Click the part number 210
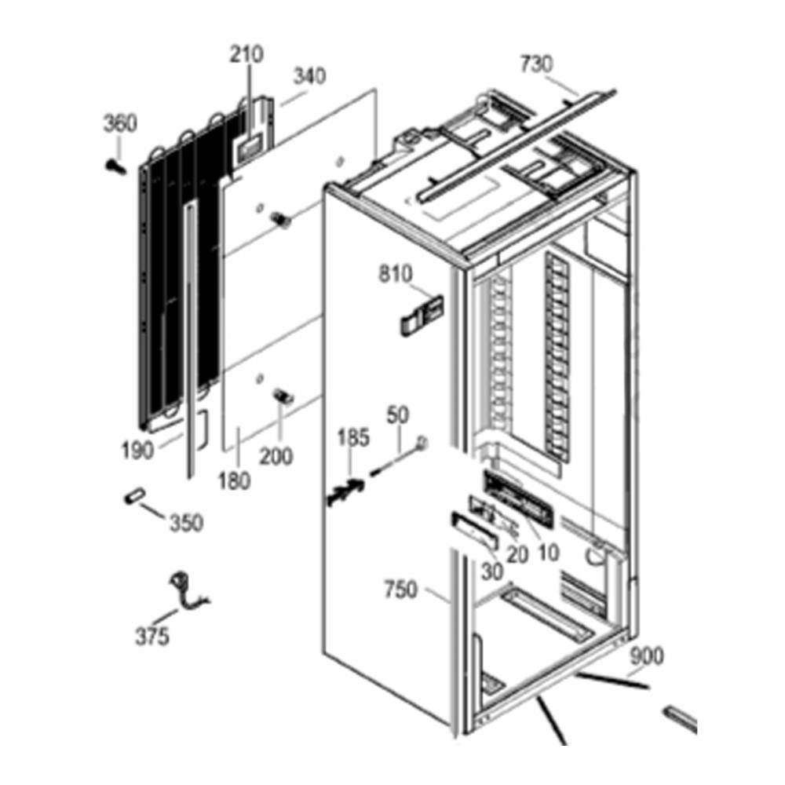(246, 54)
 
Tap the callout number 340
(309, 76)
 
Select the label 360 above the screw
(120, 123)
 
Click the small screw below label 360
(116, 168)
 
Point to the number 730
(537, 64)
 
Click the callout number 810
(396, 274)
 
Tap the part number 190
(137, 451)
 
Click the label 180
(234, 480)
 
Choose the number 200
(276, 456)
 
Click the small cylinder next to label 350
(134, 497)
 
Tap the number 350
(187, 523)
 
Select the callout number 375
(152, 637)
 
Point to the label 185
(353, 437)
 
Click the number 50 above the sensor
(397, 415)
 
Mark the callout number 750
(400, 590)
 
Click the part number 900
(646, 655)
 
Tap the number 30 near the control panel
(491, 571)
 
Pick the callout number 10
(548, 552)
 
